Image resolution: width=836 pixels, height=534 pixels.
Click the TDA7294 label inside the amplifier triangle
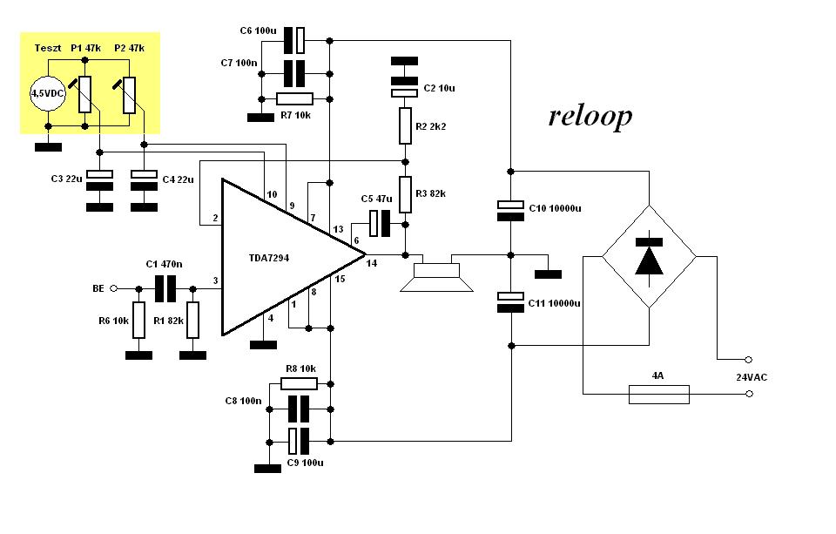(x=269, y=258)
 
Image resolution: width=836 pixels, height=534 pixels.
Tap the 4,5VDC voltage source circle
(x=47, y=93)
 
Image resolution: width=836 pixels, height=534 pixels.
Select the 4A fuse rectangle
(x=659, y=395)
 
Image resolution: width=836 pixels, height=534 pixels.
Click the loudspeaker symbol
(x=436, y=274)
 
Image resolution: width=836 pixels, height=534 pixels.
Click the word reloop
(x=590, y=116)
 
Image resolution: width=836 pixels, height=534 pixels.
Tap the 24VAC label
(x=752, y=377)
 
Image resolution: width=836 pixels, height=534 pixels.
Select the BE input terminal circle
(x=113, y=288)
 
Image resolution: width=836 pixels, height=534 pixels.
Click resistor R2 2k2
(x=405, y=126)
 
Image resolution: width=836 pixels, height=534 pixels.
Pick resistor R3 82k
(x=405, y=195)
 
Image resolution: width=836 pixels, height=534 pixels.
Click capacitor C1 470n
(x=165, y=288)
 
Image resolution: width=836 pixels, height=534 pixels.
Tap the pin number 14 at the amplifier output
(x=372, y=263)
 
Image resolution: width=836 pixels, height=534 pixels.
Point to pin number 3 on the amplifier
(x=215, y=281)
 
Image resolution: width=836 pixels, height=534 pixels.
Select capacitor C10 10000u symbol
(x=511, y=210)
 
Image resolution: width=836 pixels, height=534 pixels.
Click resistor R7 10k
(x=295, y=98)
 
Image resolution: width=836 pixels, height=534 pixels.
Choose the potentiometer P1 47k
(x=84, y=94)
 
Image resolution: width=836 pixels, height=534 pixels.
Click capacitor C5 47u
(x=381, y=224)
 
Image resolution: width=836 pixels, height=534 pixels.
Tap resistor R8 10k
(x=299, y=383)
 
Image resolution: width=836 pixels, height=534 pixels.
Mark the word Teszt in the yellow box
(x=48, y=48)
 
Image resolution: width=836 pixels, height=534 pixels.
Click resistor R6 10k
(x=138, y=320)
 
